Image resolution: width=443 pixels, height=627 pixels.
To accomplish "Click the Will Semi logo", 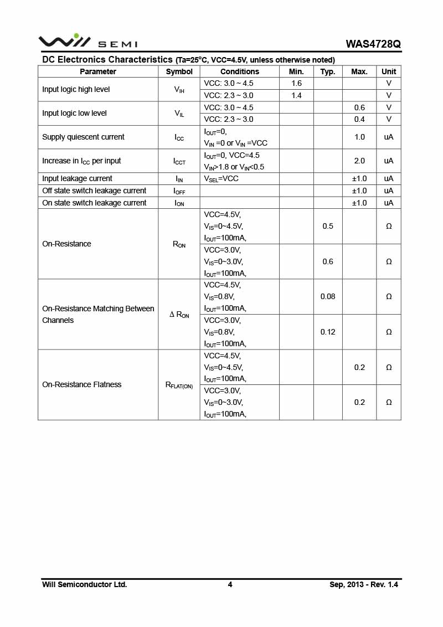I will pyautogui.click(x=87, y=42).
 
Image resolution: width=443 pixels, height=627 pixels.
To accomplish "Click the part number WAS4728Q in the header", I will pyautogui.click(x=373, y=44).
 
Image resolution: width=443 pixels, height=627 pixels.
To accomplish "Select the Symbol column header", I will pyautogui.click(x=179, y=71).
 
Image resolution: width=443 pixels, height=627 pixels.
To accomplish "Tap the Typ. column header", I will pyautogui.click(x=328, y=71).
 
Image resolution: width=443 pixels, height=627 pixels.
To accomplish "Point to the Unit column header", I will pyautogui.click(x=389, y=71).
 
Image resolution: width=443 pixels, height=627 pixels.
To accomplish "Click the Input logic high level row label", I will pyautogui.click(x=76, y=89).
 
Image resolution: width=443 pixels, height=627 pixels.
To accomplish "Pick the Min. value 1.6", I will pyautogui.click(x=296, y=83).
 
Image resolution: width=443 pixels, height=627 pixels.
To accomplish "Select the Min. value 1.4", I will pyautogui.click(x=296, y=95).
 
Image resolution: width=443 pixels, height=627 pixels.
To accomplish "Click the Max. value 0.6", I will pyautogui.click(x=359, y=107).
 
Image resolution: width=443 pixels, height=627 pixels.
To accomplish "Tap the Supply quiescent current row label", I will pyautogui.click(x=83, y=137).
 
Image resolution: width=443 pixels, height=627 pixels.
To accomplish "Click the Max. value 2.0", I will pyautogui.click(x=359, y=161).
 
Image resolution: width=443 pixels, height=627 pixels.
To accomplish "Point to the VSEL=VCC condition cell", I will pyautogui.click(x=221, y=179).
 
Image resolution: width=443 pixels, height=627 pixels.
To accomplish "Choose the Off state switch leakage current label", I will pyautogui.click(x=94, y=191).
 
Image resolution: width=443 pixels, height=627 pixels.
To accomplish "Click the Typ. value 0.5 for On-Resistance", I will pyautogui.click(x=328, y=226).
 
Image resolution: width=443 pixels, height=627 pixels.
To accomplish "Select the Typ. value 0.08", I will pyautogui.click(x=328, y=296).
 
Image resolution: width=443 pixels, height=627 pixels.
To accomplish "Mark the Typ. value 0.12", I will pyautogui.click(x=328, y=332).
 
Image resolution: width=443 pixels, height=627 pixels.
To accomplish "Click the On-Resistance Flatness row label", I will pyautogui.click(x=82, y=384).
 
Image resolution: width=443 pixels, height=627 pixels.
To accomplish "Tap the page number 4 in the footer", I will pyautogui.click(x=230, y=584).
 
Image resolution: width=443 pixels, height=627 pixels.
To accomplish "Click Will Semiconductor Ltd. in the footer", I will pyautogui.click(x=85, y=584).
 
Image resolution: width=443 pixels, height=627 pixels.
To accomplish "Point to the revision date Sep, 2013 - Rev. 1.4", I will pyautogui.click(x=364, y=584).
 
